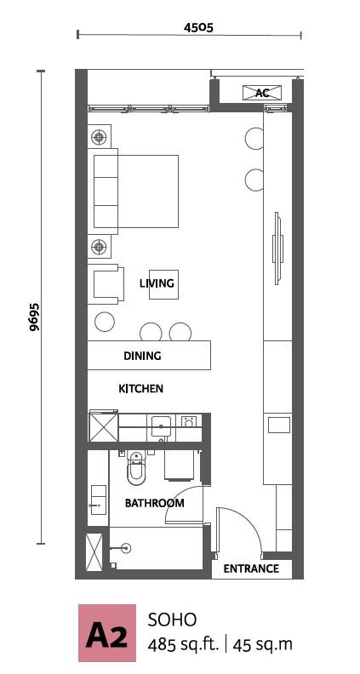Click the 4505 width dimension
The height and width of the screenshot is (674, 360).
[x=198, y=28]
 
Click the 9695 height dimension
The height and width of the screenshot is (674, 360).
[x=34, y=317]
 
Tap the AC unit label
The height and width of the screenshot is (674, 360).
[x=262, y=93]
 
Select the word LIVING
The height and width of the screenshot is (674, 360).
[x=157, y=283]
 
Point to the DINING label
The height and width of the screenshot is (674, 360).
[x=142, y=356]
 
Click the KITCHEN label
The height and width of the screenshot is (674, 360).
[x=140, y=389]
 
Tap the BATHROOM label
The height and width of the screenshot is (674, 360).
[x=154, y=503]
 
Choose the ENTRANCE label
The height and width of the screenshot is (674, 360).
[x=251, y=568]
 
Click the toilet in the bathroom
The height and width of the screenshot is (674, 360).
[x=136, y=468]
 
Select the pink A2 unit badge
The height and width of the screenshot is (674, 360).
[x=107, y=633]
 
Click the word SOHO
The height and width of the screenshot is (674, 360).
[x=172, y=620]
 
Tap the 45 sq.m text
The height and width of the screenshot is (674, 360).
[x=262, y=645]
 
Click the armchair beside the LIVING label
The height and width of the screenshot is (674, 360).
[x=106, y=284]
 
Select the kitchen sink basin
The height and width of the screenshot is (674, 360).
[x=162, y=426]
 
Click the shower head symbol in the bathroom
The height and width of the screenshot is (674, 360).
[x=126, y=548]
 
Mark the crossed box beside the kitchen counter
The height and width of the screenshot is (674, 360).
[x=103, y=427]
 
